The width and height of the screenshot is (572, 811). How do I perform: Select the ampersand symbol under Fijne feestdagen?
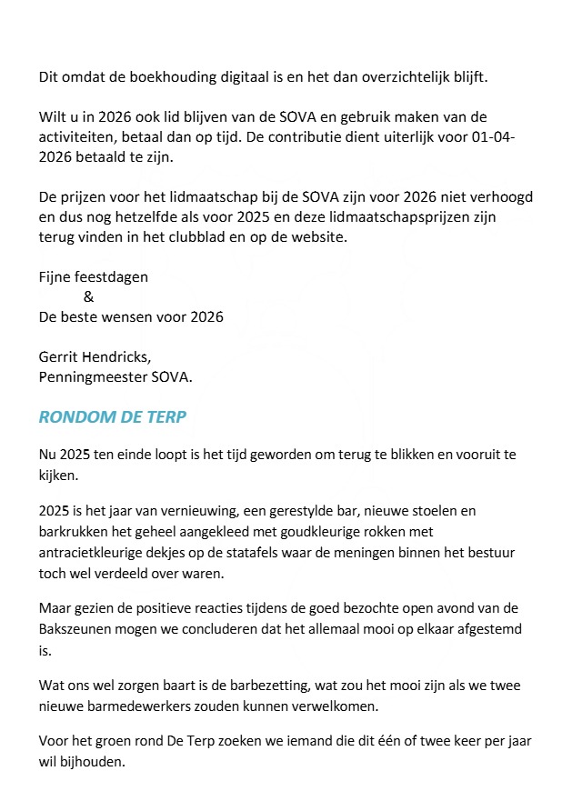(x=87, y=296)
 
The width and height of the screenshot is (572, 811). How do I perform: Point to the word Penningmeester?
(x=95, y=375)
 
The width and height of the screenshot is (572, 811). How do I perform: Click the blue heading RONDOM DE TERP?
(x=114, y=417)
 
